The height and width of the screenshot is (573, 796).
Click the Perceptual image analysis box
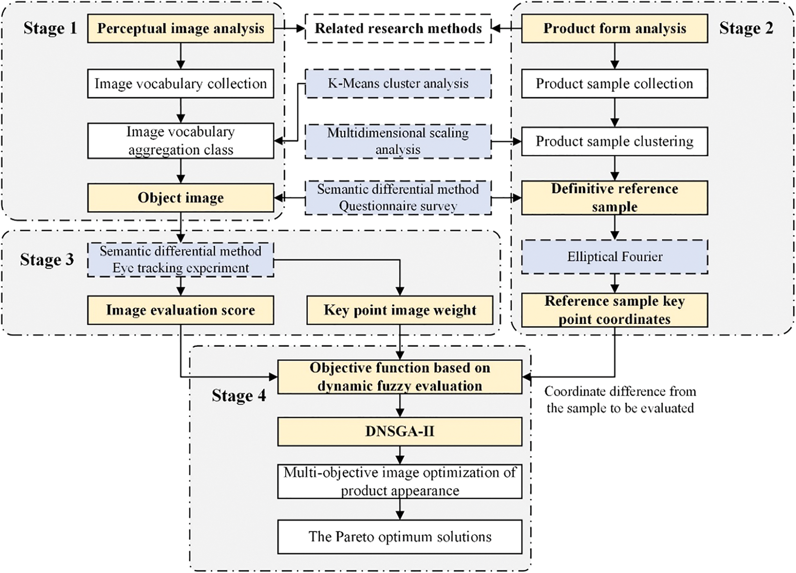pyautogui.click(x=181, y=29)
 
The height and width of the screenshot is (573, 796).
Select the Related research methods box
pyautogui.click(x=398, y=29)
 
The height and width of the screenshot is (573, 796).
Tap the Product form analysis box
pyautogui.click(x=615, y=29)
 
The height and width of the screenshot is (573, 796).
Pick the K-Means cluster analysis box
pyautogui.click(x=398, y=84)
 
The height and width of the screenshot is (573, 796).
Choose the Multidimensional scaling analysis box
pyautogui.click(x=398, y=141)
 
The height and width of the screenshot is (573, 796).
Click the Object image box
pyautogui.click(x=181, y=198)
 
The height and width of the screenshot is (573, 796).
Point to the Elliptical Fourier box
pyautogui.click(x=615, y=257)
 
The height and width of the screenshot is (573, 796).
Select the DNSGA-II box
pyautogui.click(x=400, y=431)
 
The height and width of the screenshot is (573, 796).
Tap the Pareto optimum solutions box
pyautogui.click(x=400, y=537)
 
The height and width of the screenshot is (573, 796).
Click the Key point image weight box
pyautogui.click(x=400, y=310)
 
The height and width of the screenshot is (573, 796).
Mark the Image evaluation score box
pyautogui.click(x=181, y=310)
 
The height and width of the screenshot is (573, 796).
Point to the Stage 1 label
pyautogui.click(x=50, y=28)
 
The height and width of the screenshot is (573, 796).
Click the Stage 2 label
pyautogui.click(x=746, y=28)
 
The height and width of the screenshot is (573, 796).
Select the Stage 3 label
pyautogui.click(x=47, y=259)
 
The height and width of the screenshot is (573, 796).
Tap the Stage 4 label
pyautogui.click(x=239, y=395)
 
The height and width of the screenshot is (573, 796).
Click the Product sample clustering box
pyautogui.click(x=615, y=141)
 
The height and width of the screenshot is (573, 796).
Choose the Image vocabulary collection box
pyautogui.click(x=181, y=84)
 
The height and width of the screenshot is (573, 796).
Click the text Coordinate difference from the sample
pyautogui.click(x=620, y=399)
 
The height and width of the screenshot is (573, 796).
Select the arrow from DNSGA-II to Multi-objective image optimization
pyautogui.click(x=400, y=454)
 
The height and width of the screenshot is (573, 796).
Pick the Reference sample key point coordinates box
pyautogui.click(x=615, y=310)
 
